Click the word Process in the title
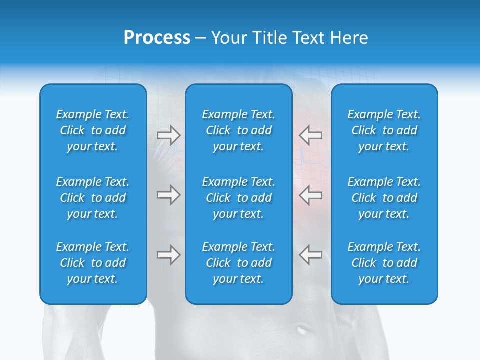(x=157, y=38)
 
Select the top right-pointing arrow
(x=169, y=135)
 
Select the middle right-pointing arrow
(x=169, y=194)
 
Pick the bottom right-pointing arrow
(x=169, y=255)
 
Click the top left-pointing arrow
(x=310, y=135)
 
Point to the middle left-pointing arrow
(x=310, y=194)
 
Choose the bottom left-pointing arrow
(x=310, y=255)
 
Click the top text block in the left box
(x=93, y=130)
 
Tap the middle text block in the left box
(x=93, y=198)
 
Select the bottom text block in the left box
(x=93, y=263)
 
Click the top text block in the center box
(x=239, y=130)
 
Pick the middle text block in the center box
(x=239, y=198)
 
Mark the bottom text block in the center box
(x=239, y=263)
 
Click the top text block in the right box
(x=384, y=130)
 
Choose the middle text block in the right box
(x=384, y=198)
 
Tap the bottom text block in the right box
(x=384, y=263)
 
